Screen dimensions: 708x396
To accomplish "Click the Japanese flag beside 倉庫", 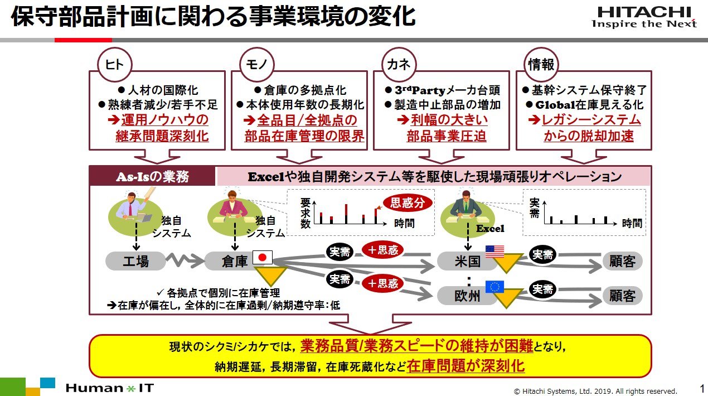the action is click(x=263, y=258).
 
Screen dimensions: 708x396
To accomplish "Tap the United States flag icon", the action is click(x=494, y=252).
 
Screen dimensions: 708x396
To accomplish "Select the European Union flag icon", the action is click(x=494, y=287).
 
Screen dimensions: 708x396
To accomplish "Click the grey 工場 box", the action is click(x=135, y=261).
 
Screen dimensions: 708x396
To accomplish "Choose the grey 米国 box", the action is click(x=467, y=261).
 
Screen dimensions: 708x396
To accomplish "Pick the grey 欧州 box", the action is click(x=467, y=296).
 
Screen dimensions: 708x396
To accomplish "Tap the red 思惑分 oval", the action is click(x=408, y=203).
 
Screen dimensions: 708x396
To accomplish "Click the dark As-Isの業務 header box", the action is click(x=152, y=176).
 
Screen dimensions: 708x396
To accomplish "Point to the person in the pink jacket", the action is click(x=232, y=206).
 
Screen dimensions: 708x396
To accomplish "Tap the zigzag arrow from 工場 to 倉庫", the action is click(x=186, y=260).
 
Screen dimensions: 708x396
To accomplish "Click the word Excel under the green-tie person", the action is click(x=490, y=229).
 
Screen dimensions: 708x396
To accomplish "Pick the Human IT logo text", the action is click(x=110, y=388).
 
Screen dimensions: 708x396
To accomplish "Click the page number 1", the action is click(x=702, y=388).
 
